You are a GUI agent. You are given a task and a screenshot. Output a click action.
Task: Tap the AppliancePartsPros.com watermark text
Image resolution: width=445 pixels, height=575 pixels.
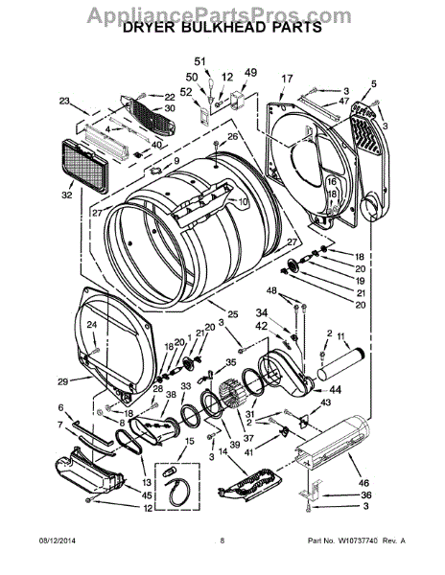point(222,11)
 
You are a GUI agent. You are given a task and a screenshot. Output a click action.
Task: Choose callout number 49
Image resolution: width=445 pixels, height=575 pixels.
point(250,73)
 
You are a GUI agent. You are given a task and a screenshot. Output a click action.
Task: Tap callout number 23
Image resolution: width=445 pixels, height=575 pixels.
point(65,101)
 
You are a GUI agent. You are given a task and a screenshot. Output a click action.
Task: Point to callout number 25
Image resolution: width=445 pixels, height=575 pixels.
point(232,314)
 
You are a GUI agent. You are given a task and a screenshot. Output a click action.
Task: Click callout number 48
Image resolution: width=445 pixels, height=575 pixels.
point(271,290)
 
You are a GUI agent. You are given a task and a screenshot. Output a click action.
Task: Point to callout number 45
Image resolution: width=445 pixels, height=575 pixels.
point(120,494)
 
